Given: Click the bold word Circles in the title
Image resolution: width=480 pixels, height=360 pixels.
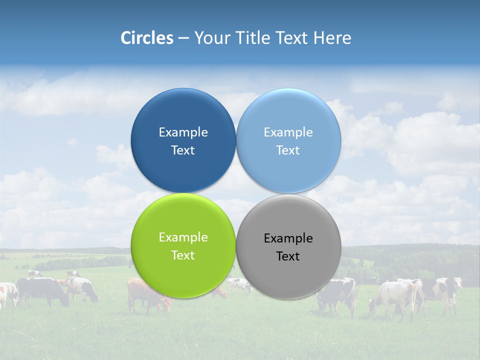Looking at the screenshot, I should (147, 38).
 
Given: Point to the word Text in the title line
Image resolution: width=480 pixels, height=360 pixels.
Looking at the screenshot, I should (293, 38).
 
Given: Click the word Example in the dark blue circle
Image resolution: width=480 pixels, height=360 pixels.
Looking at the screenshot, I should (183, 132).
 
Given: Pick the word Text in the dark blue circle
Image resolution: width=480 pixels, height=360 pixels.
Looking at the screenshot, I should (183, 150).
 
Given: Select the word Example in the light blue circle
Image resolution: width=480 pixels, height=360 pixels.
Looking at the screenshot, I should (288, 132).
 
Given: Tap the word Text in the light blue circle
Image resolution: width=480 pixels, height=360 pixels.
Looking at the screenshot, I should (288, 150).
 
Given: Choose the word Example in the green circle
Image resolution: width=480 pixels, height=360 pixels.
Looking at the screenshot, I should (183, 237).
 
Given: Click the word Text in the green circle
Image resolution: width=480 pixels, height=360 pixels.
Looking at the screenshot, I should (183, 255).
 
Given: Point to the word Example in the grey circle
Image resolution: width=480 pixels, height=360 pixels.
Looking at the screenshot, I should (288, 238).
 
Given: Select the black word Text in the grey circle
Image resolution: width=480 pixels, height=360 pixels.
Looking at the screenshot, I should (288, 256).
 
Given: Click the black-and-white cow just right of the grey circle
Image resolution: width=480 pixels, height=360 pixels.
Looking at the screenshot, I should (340, 295).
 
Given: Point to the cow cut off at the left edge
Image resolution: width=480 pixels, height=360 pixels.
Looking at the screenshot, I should (7, 293).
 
